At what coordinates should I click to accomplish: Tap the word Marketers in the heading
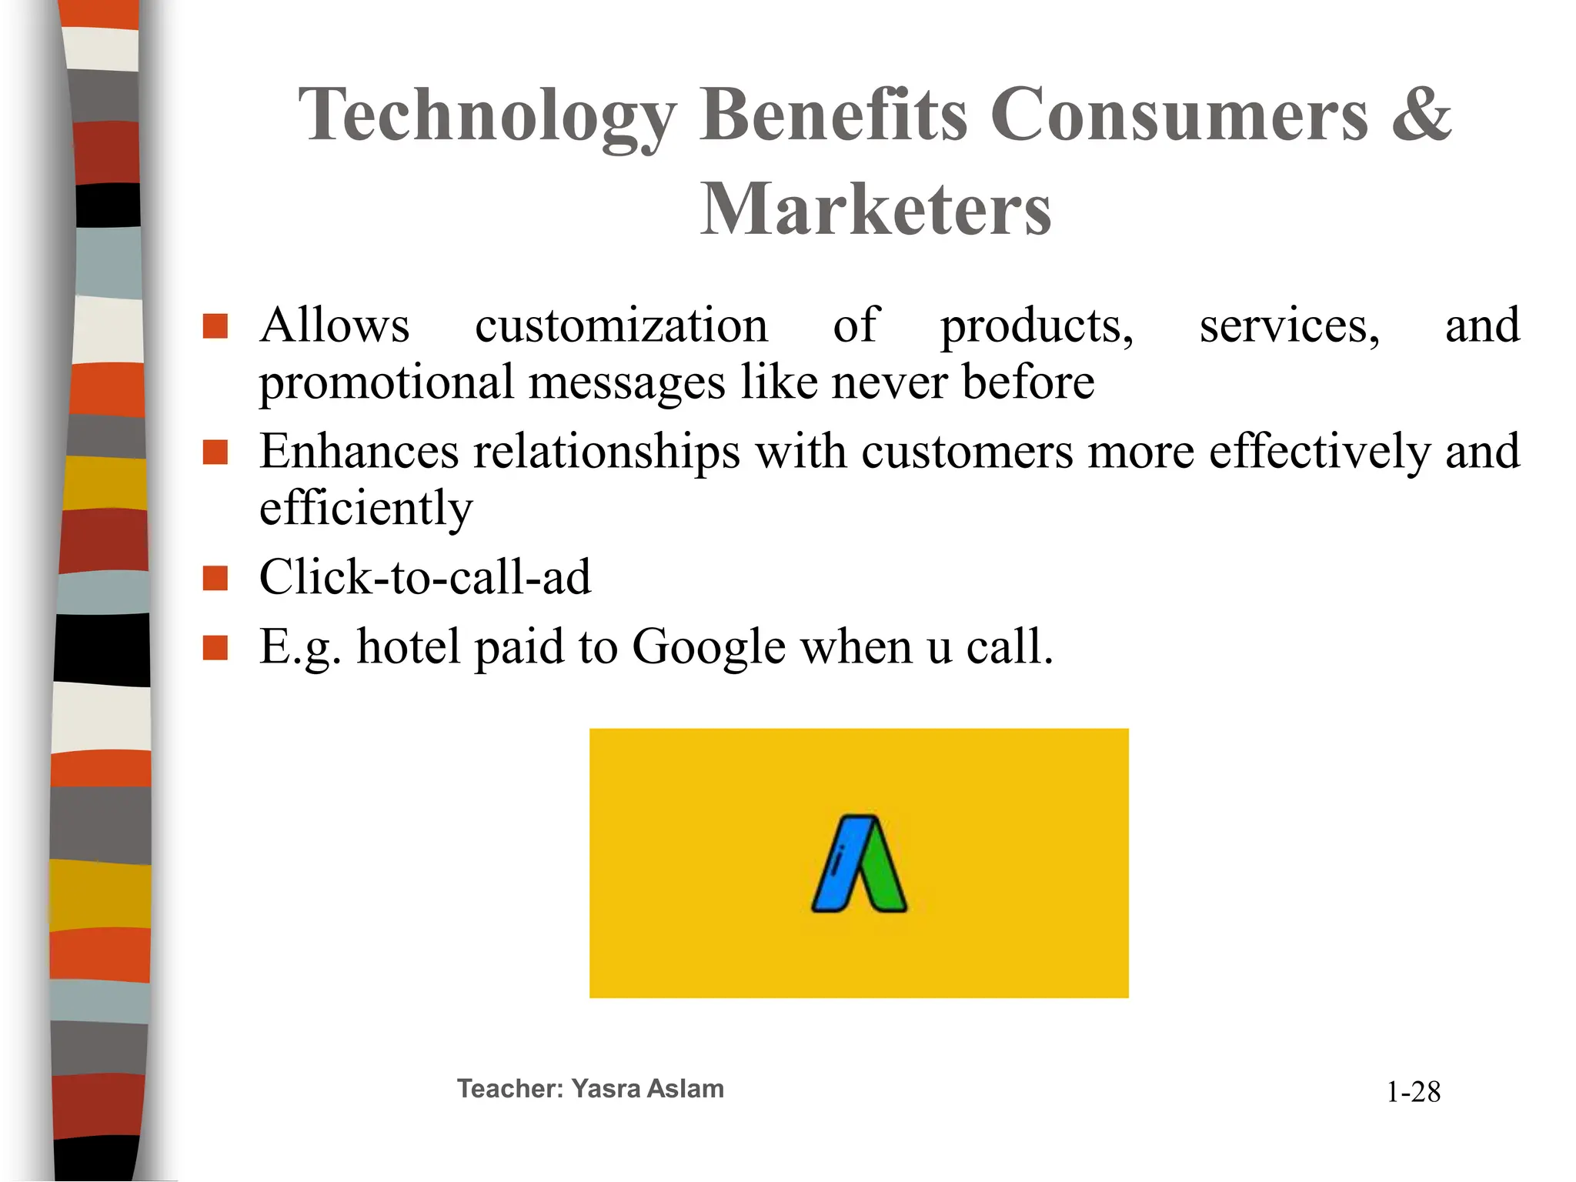pos(876,209)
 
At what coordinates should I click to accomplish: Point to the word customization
pos(621,326)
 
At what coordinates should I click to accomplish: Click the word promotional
pos(386,382)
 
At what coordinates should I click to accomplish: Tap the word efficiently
pos(366,509)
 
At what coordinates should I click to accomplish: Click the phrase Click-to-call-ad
pos(425,577)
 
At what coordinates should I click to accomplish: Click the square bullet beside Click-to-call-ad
pos(215,578)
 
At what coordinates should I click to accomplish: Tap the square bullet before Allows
pos(215,326)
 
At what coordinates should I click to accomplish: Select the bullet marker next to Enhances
pos(215,452)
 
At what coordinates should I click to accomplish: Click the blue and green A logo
pos(859,863)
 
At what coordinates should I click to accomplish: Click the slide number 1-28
pos(1413,1092)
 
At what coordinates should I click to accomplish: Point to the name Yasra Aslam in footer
pos(647,1089)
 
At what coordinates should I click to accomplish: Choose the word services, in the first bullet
pos(1290,326)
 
